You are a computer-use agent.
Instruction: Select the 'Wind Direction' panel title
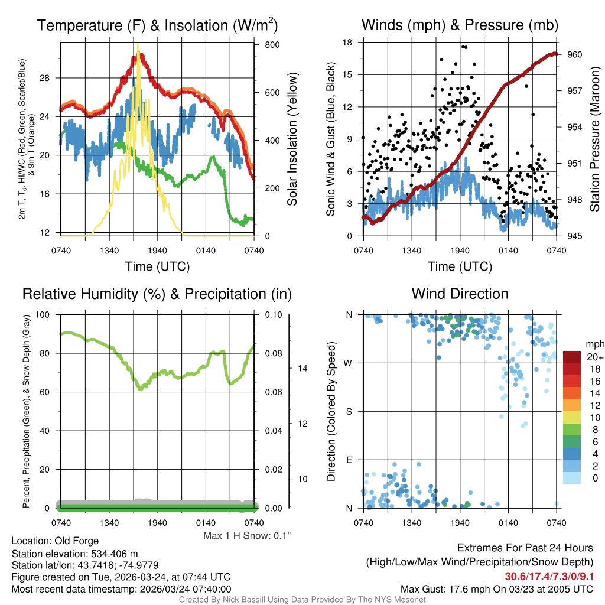[x=460, y=294]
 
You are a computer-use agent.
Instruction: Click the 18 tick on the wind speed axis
[x=347, y=43]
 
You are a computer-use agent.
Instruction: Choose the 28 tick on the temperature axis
[x=51, y=78]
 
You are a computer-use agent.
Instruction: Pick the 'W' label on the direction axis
[x=349, y=363]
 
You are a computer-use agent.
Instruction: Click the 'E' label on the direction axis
[x=349, y=460]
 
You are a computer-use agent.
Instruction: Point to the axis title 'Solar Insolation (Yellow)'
[x=292, y=139]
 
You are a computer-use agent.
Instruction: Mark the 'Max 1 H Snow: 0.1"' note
[x=247, y=536]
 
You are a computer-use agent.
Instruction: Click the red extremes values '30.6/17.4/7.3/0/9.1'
[x=549, y=576]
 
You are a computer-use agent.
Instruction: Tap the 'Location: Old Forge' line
[x=55, y=541]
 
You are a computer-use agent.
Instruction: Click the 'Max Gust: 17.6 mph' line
[x=496, y=588]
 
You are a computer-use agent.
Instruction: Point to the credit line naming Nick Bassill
[x=302, y=600]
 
